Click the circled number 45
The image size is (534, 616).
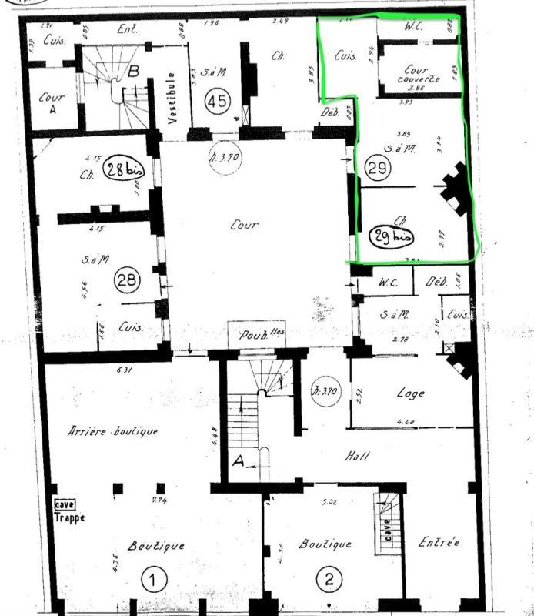click(x=219, y=101)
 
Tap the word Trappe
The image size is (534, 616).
click(x=70, y=517)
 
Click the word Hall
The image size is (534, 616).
click(x=358, y=456)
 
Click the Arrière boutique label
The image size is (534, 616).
click(x=113, y=431)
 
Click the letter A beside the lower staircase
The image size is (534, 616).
click(x=239, y=462)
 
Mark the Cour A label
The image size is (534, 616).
click(x=52, y=103)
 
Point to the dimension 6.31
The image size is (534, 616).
click(x=125, y=370)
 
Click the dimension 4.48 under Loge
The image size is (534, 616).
click(x=406, y=421)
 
